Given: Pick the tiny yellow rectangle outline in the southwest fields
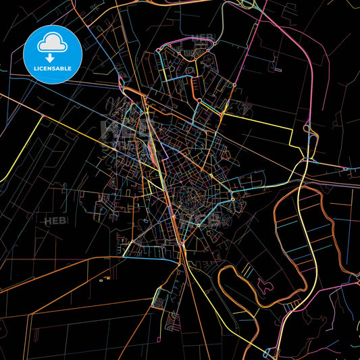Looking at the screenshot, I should (x=101, y=280).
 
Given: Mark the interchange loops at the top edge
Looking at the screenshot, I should (x=248, y=4).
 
